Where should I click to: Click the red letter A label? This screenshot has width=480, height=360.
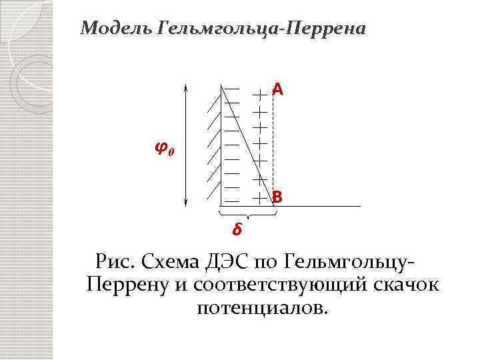click(x=277, y=89)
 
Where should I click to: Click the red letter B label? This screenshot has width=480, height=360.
click(x=277, y=198)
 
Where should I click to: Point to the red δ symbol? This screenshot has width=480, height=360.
click(x=237, y=230)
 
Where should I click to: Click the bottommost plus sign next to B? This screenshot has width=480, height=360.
click(x=259, y=198)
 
